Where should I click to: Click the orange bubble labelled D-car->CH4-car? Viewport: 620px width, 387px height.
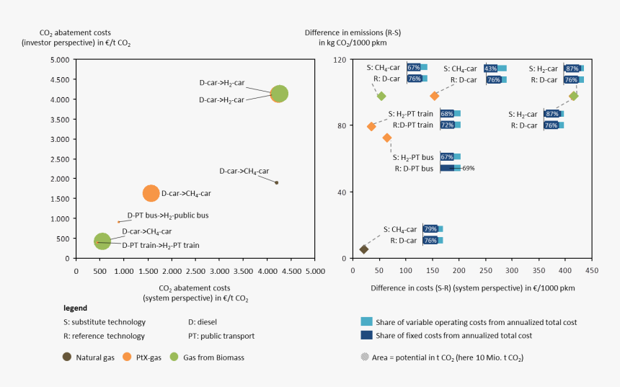coord(151,193)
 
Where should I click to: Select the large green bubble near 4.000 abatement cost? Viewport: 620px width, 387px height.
coord(279,94)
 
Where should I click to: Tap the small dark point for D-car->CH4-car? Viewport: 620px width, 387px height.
coord(276,182)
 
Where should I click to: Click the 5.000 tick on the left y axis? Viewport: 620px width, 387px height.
coord(62,60)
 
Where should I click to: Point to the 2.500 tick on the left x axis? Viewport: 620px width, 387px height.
coord(195,272)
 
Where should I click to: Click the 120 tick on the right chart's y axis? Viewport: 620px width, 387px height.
coord(340,60)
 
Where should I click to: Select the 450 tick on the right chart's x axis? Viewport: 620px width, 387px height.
coord(592,272)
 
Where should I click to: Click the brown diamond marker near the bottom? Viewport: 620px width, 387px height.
coord(364,249)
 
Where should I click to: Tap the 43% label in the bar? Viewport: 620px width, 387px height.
coord(491,68)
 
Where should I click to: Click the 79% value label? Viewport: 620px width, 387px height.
coord(430,229)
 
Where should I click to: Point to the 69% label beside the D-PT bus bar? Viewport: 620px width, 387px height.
coord(468,168)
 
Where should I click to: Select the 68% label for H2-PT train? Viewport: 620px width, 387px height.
coord(447,113)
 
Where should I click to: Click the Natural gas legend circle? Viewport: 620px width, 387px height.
coord(67,357)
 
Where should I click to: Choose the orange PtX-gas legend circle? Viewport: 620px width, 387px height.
coord(128,357)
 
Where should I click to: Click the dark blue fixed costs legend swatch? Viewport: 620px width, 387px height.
coord(366,335)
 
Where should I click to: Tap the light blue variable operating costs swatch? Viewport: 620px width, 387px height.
coord(366,322)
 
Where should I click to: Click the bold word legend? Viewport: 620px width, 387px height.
coord(75,308)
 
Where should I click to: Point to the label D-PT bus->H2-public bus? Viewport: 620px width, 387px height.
coord(167,215)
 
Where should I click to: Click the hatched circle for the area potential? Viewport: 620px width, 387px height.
coord(364,357)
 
